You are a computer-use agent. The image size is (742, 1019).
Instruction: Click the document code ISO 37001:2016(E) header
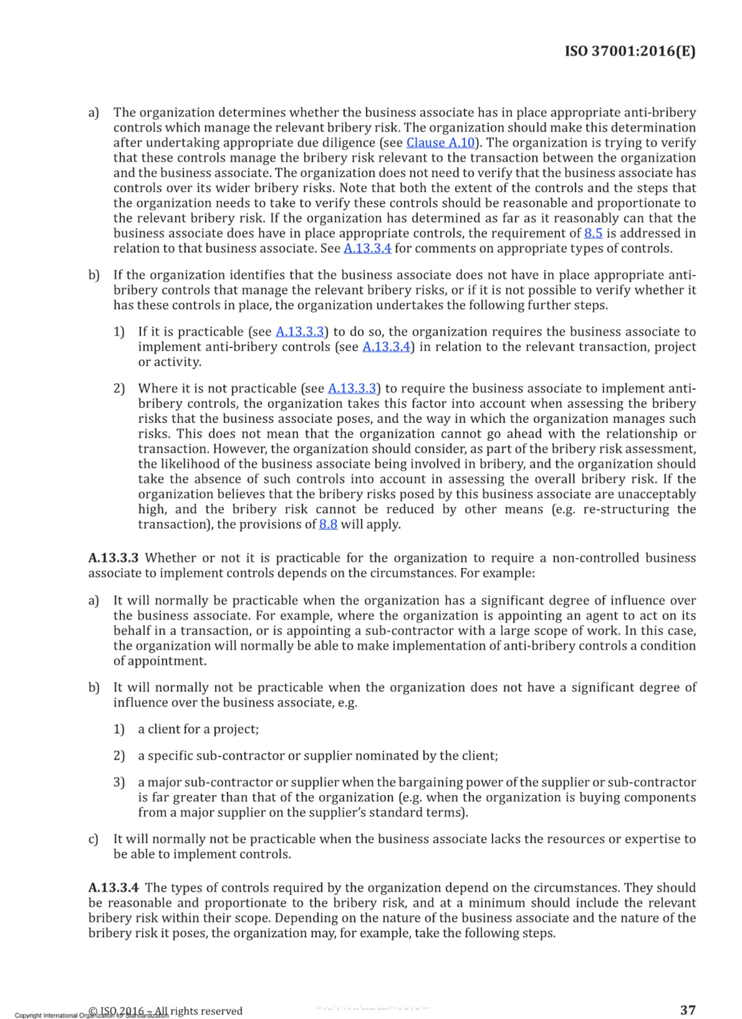(x=630, y=51)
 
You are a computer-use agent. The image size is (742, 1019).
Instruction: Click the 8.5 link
(x=593, y=233)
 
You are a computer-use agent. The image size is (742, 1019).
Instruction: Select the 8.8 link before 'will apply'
(x=328, y=524)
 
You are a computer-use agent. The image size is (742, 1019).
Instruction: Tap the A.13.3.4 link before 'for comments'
(x=367, y=248)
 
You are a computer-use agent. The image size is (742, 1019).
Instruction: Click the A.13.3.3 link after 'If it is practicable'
(x=300, y=332)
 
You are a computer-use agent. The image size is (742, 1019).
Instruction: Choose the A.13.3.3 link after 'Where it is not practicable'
(x=352, y=388)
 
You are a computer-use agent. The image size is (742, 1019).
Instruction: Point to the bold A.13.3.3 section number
(x=114, y=558)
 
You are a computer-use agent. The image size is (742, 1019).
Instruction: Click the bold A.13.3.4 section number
(x=114, y=888)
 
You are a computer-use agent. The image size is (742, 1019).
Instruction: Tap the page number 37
(x=687, y=1010)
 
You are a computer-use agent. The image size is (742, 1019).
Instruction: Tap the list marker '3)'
(x=119, y=782)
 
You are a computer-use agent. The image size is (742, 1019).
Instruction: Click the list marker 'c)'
(x=94, y=839)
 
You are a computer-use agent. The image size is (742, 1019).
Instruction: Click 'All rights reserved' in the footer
(x=206, y=1011)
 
